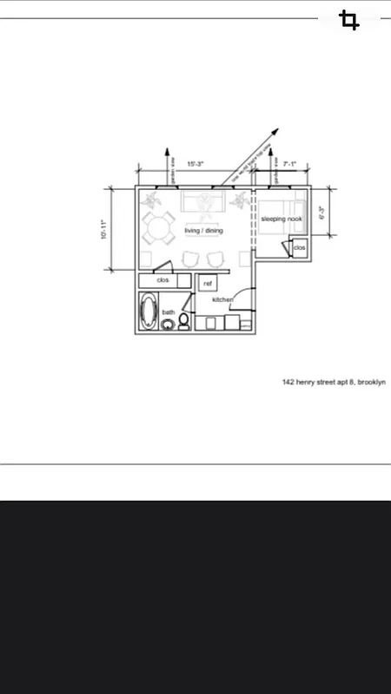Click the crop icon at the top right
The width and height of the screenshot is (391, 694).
(x=349, y=21)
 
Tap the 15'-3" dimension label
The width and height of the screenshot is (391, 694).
(x=195, y=164)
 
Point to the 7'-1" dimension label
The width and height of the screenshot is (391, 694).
(x=290, y=164)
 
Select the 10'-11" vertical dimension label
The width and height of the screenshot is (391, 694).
(x=103, y=230)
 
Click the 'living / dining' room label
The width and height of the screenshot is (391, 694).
(x=203, y=231)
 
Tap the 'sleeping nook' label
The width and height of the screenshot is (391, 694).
(x=282, y=219)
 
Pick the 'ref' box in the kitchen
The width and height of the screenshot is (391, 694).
(x=208, y=283)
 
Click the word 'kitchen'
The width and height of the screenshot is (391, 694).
(x=222, y=299)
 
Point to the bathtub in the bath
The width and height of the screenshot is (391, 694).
(x=149, y=311)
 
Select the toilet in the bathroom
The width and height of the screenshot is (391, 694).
(x=183, y=322)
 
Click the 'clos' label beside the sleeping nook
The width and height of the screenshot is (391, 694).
(x=299, y=248)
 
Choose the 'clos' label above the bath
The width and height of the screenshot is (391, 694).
(x=163, y=280)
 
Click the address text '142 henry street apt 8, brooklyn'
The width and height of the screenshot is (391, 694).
(x=333, y=382)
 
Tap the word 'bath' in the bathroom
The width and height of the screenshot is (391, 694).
(x=169, y=312)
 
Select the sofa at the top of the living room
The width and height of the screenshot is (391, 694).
(x=203, y=205)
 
